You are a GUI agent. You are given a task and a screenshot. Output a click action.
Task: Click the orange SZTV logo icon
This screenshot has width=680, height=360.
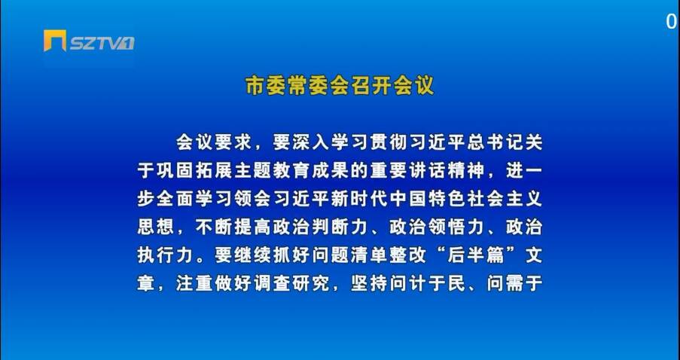tap(55, 41)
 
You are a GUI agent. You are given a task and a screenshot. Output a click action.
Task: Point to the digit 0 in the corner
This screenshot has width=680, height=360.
tap(672, 22)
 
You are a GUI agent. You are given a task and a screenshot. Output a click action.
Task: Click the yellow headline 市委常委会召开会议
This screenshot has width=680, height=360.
tap(340, 85)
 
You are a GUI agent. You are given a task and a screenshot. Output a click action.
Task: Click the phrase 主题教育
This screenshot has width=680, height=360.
tap(272, 171)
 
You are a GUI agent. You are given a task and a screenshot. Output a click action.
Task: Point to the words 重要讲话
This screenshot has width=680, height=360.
tap(408, 171)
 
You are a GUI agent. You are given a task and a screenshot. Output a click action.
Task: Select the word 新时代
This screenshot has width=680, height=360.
tap(359, 200)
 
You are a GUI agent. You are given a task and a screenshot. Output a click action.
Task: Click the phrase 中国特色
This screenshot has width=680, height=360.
tap(427, 200)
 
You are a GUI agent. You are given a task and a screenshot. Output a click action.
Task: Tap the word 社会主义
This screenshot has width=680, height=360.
tap(505, 200)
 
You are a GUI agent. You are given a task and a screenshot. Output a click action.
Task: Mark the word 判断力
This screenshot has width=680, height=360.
tap(340, 227)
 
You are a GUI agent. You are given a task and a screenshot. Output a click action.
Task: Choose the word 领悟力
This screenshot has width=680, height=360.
tap(456, 227)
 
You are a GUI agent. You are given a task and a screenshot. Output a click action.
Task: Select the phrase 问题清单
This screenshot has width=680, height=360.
tap(349, 256)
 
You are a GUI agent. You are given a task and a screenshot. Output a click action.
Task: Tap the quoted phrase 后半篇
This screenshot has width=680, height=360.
tap(476, 256)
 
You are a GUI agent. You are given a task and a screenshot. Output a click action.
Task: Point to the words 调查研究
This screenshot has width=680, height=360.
tap(291, 285)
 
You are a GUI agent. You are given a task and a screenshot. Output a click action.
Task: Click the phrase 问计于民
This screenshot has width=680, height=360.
tap(427, 285)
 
